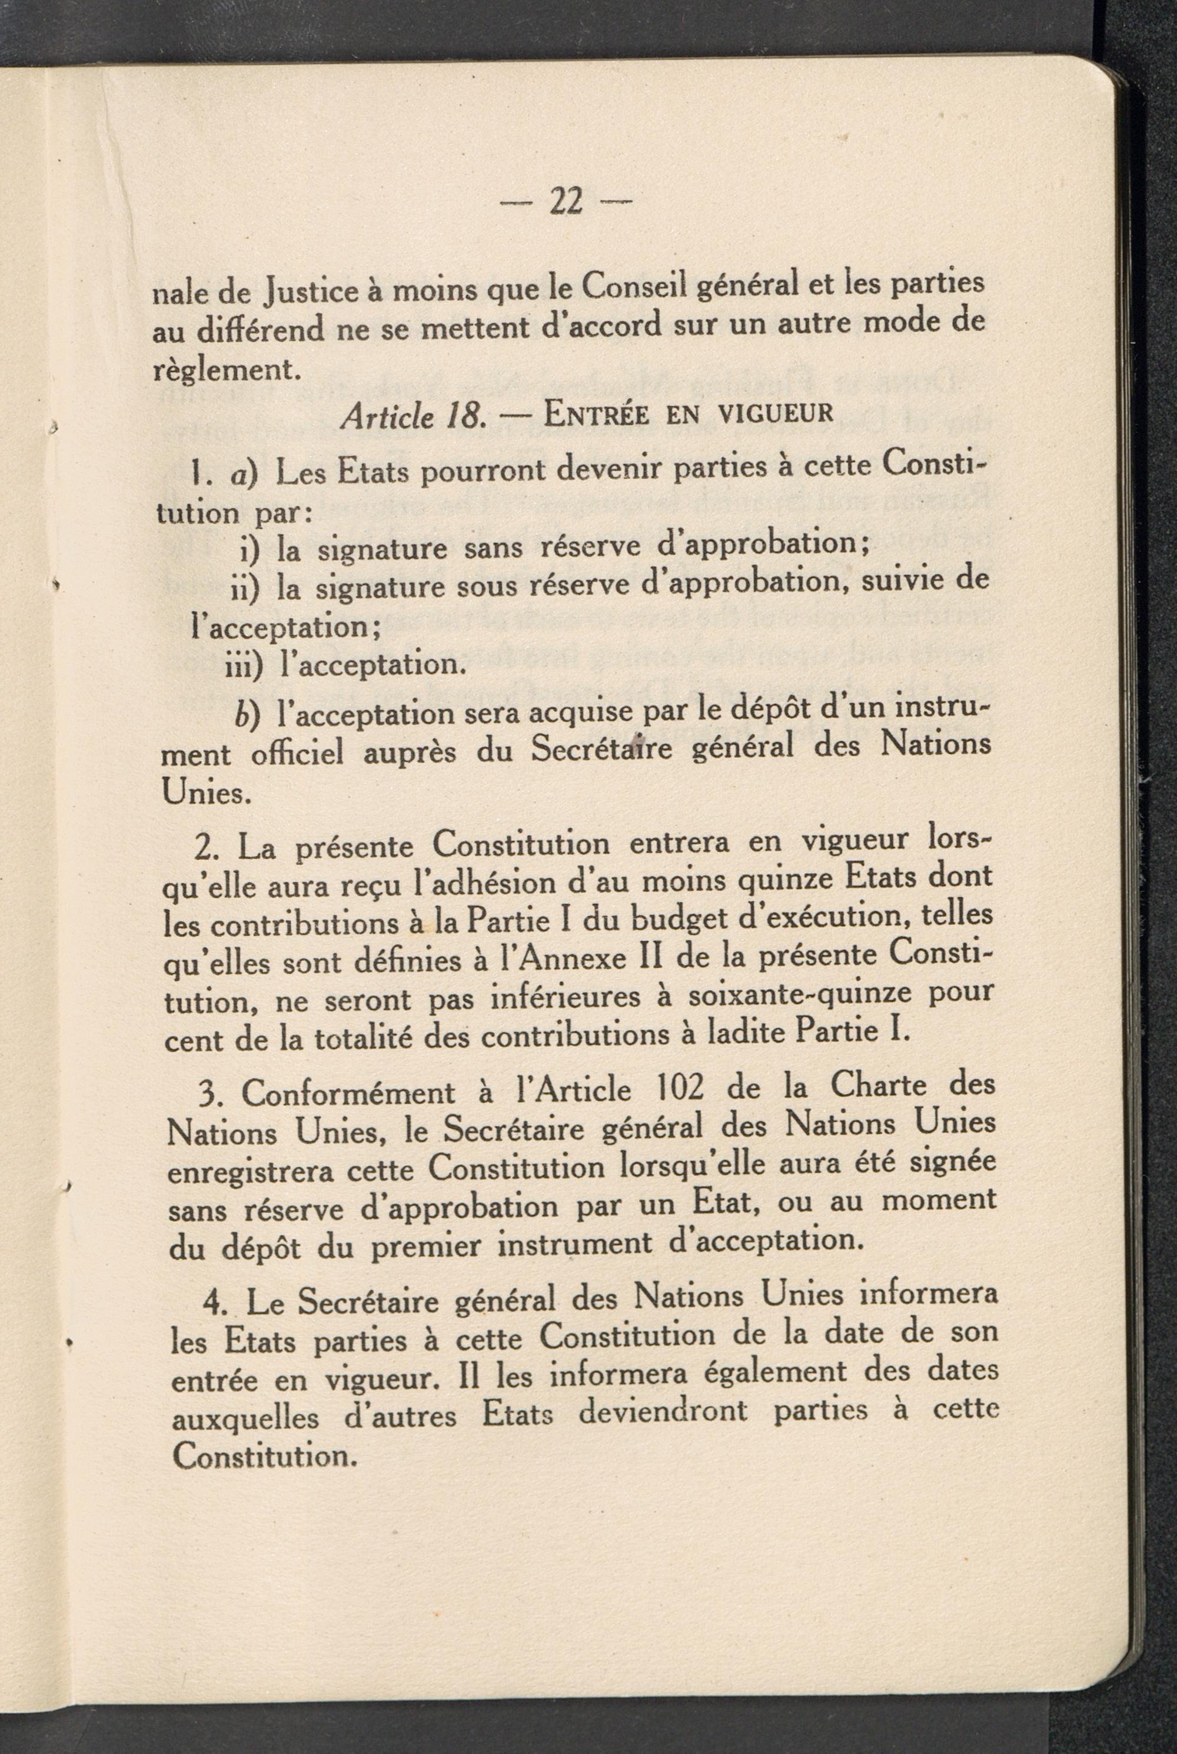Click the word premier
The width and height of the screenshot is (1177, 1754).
click(426, 1247)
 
